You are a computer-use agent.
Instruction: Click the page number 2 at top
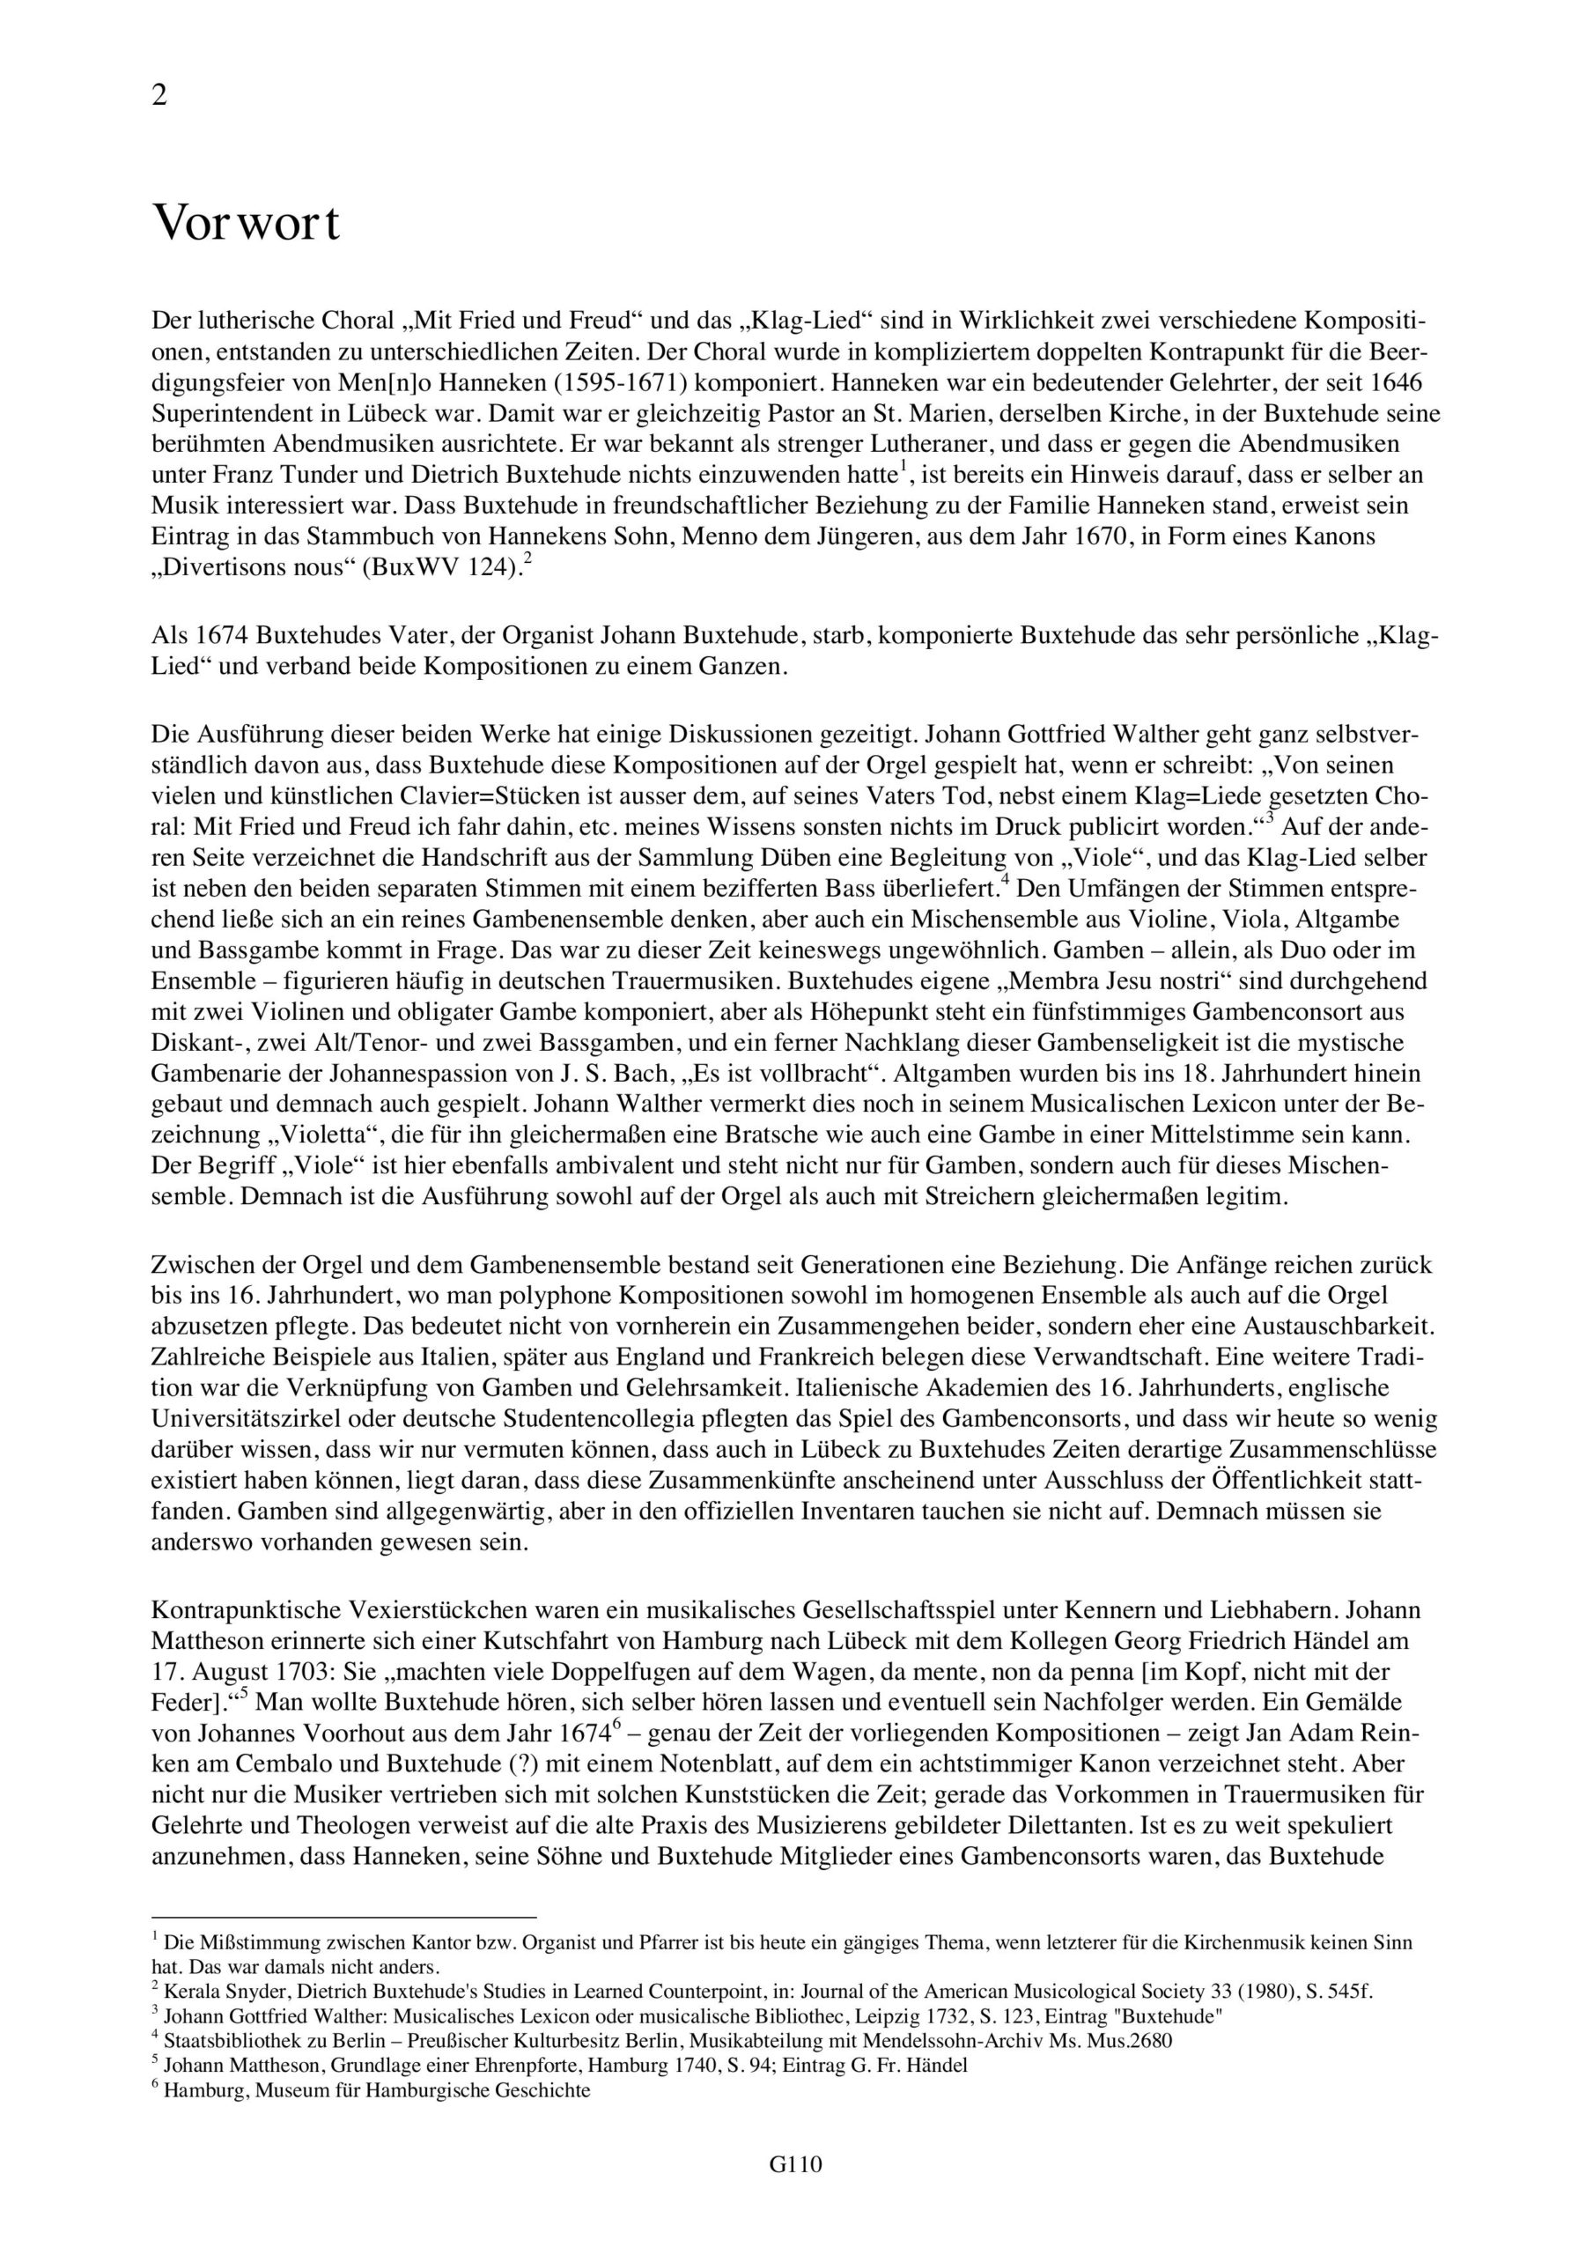[x=160, y=95]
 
